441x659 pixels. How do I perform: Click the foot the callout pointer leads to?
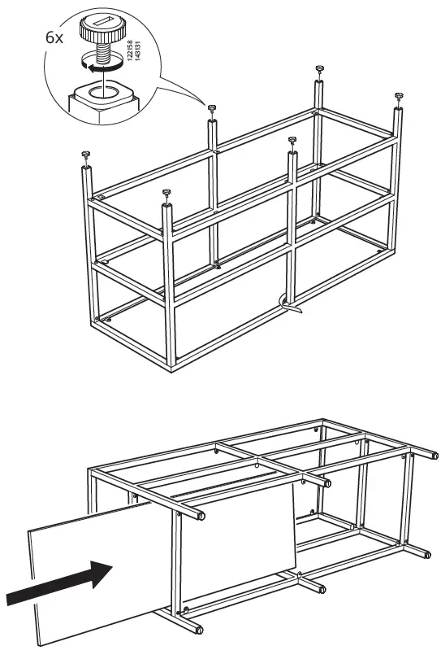coord(211,108)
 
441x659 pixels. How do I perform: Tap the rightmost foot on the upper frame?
coord(398,96)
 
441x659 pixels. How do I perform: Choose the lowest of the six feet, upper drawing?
coord(166,193)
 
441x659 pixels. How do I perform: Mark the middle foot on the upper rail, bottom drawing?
coord(326,482)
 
